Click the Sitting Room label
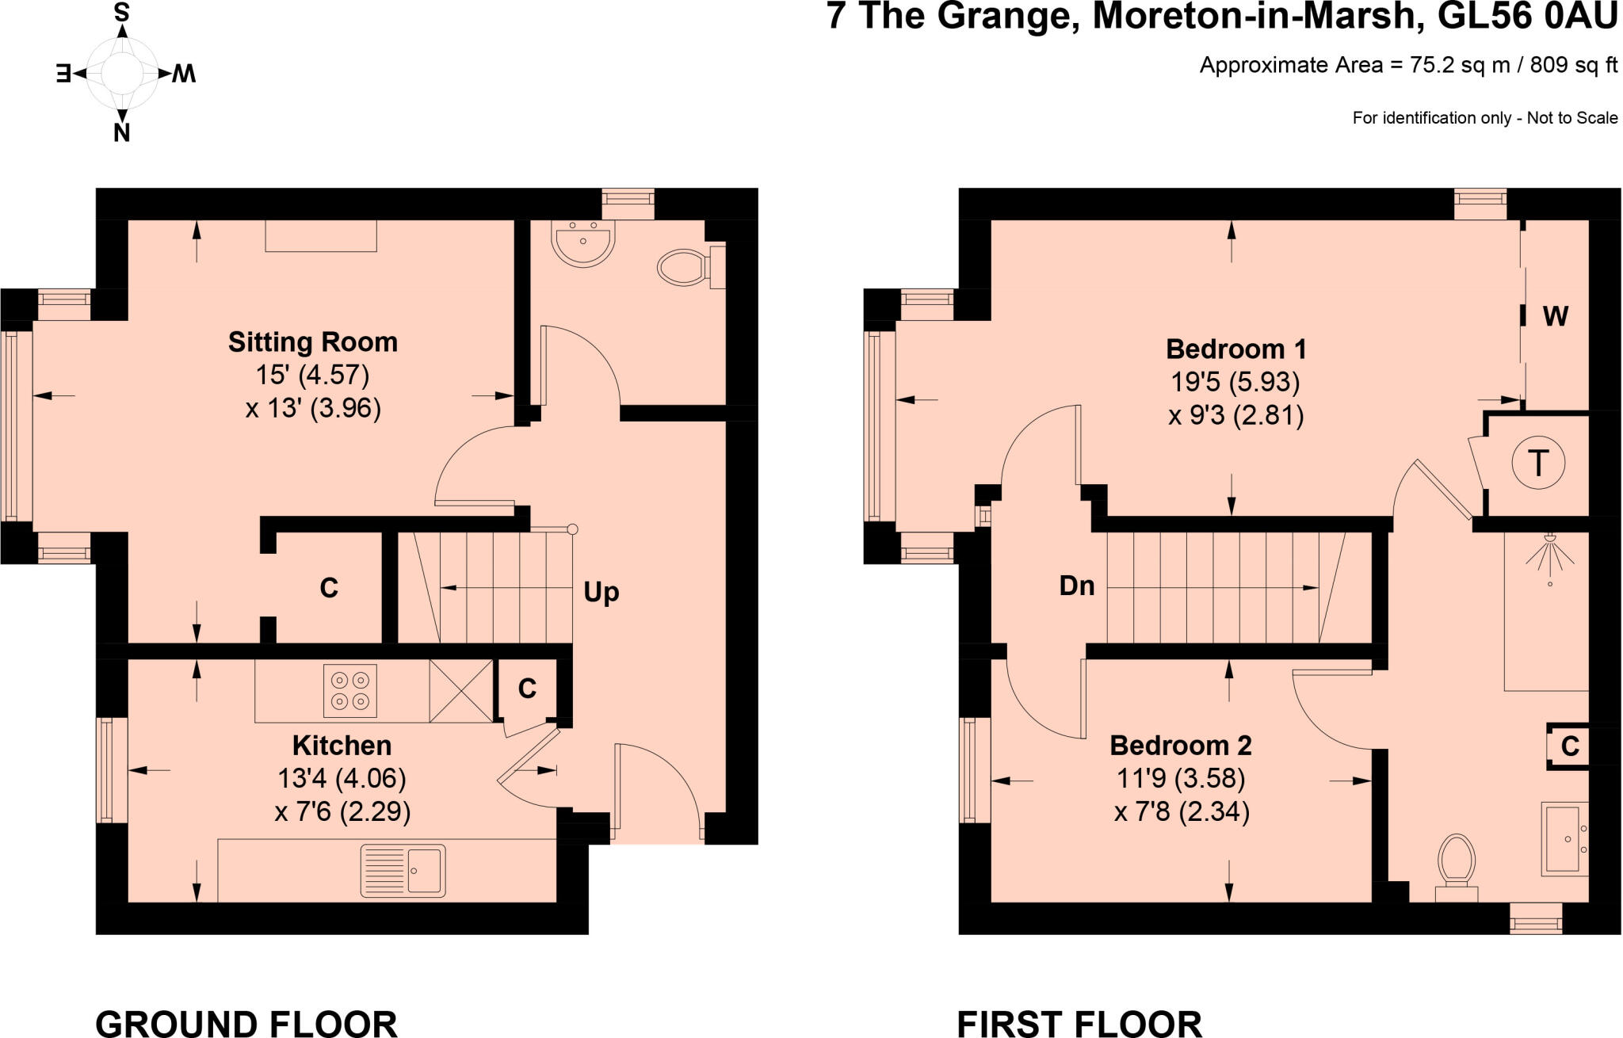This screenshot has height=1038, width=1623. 312,342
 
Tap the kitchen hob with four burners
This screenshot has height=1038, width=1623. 350,690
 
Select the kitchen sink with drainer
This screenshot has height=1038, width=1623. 403,870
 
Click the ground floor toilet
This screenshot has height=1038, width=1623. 684,268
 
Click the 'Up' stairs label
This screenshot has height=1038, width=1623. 601,593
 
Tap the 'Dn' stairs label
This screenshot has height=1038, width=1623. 1077,586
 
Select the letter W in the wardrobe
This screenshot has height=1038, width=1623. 1555,317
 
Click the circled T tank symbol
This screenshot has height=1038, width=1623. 1538,464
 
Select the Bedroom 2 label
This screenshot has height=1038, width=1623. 1180,746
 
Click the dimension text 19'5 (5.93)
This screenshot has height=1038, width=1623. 1235,383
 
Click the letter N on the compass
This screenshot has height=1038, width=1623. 121,133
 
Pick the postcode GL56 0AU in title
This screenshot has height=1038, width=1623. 1526,17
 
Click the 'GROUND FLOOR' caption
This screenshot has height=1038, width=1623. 246,1023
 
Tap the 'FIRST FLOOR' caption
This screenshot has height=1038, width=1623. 1079,1023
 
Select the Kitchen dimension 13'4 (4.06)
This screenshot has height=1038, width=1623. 342,779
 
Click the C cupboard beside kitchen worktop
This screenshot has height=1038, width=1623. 527,689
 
